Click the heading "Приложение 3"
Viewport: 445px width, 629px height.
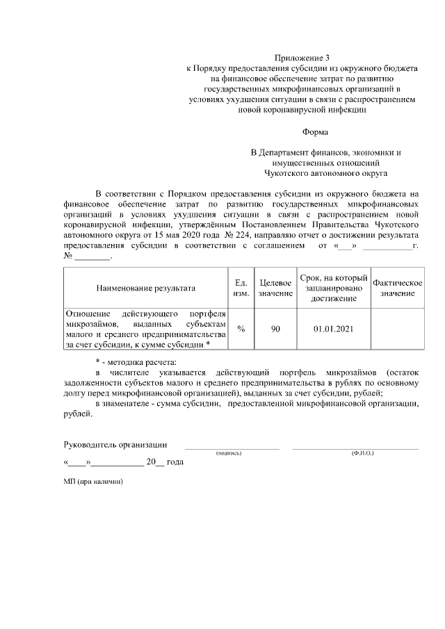tap(301, 58)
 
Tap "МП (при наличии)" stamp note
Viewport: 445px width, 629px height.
tap(92, 482)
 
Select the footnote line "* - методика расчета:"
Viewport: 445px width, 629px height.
tap(136, 362)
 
